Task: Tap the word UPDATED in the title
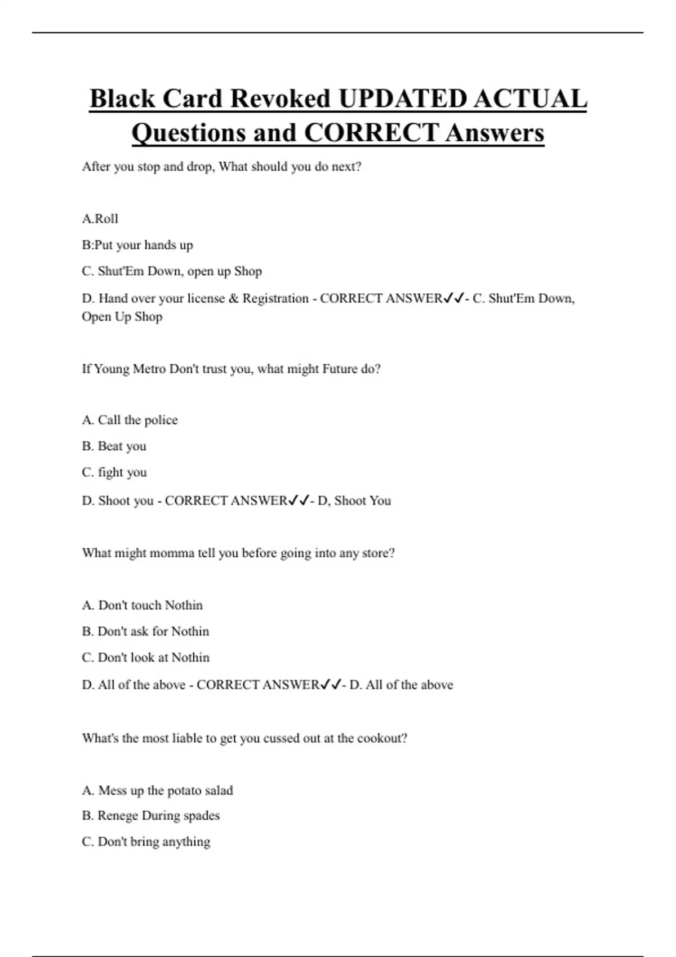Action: click(x=402, y=99)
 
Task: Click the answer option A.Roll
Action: click(x=100, y=219)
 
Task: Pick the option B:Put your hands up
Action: click(x=137, y=245)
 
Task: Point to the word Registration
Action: click(x=275, y=298)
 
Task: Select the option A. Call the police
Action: click(x=130, y=420)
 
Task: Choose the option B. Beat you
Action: click(x=114, y=446)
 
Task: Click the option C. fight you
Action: click(x=114, y=472)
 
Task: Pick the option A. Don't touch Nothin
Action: click(x=142, y=605)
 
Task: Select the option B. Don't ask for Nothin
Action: click(x=145, y=632)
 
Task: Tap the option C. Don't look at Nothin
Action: click(x=145, y=658)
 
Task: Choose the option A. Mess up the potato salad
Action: click(x=157, y=790)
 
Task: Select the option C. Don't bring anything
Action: click(x=146, y=842)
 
